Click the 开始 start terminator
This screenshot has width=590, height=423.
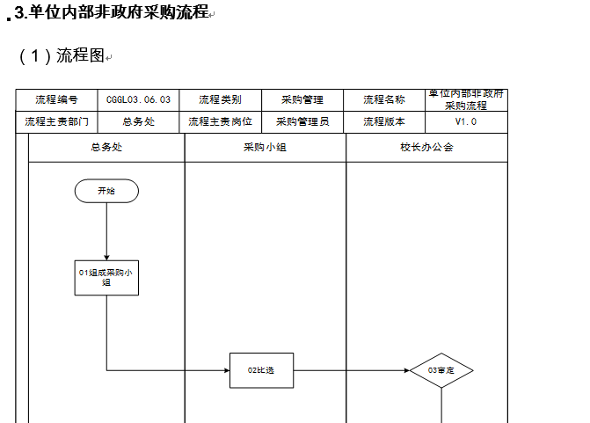106,191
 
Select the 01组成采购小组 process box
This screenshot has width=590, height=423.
106,278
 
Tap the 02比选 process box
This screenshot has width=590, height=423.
261,370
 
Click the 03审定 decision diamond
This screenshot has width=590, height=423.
441,370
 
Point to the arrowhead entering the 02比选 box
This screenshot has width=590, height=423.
227,370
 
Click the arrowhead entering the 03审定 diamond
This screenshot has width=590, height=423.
407,370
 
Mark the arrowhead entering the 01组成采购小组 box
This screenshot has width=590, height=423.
106,258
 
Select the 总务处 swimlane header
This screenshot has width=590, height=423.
106,148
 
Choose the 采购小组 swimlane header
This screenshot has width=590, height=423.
266,148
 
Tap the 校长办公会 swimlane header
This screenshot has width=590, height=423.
426,148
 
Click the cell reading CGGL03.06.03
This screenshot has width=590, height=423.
138,100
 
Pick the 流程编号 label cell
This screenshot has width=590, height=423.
56,100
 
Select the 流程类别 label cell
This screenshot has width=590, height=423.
220,100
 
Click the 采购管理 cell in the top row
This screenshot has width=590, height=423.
302,100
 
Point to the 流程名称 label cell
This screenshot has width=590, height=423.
384,100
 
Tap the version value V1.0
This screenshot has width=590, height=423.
466,122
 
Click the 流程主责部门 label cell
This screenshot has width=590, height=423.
56,122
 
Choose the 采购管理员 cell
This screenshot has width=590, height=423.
302,122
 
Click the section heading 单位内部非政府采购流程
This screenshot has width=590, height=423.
118,11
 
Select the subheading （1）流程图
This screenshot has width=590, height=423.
62,55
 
